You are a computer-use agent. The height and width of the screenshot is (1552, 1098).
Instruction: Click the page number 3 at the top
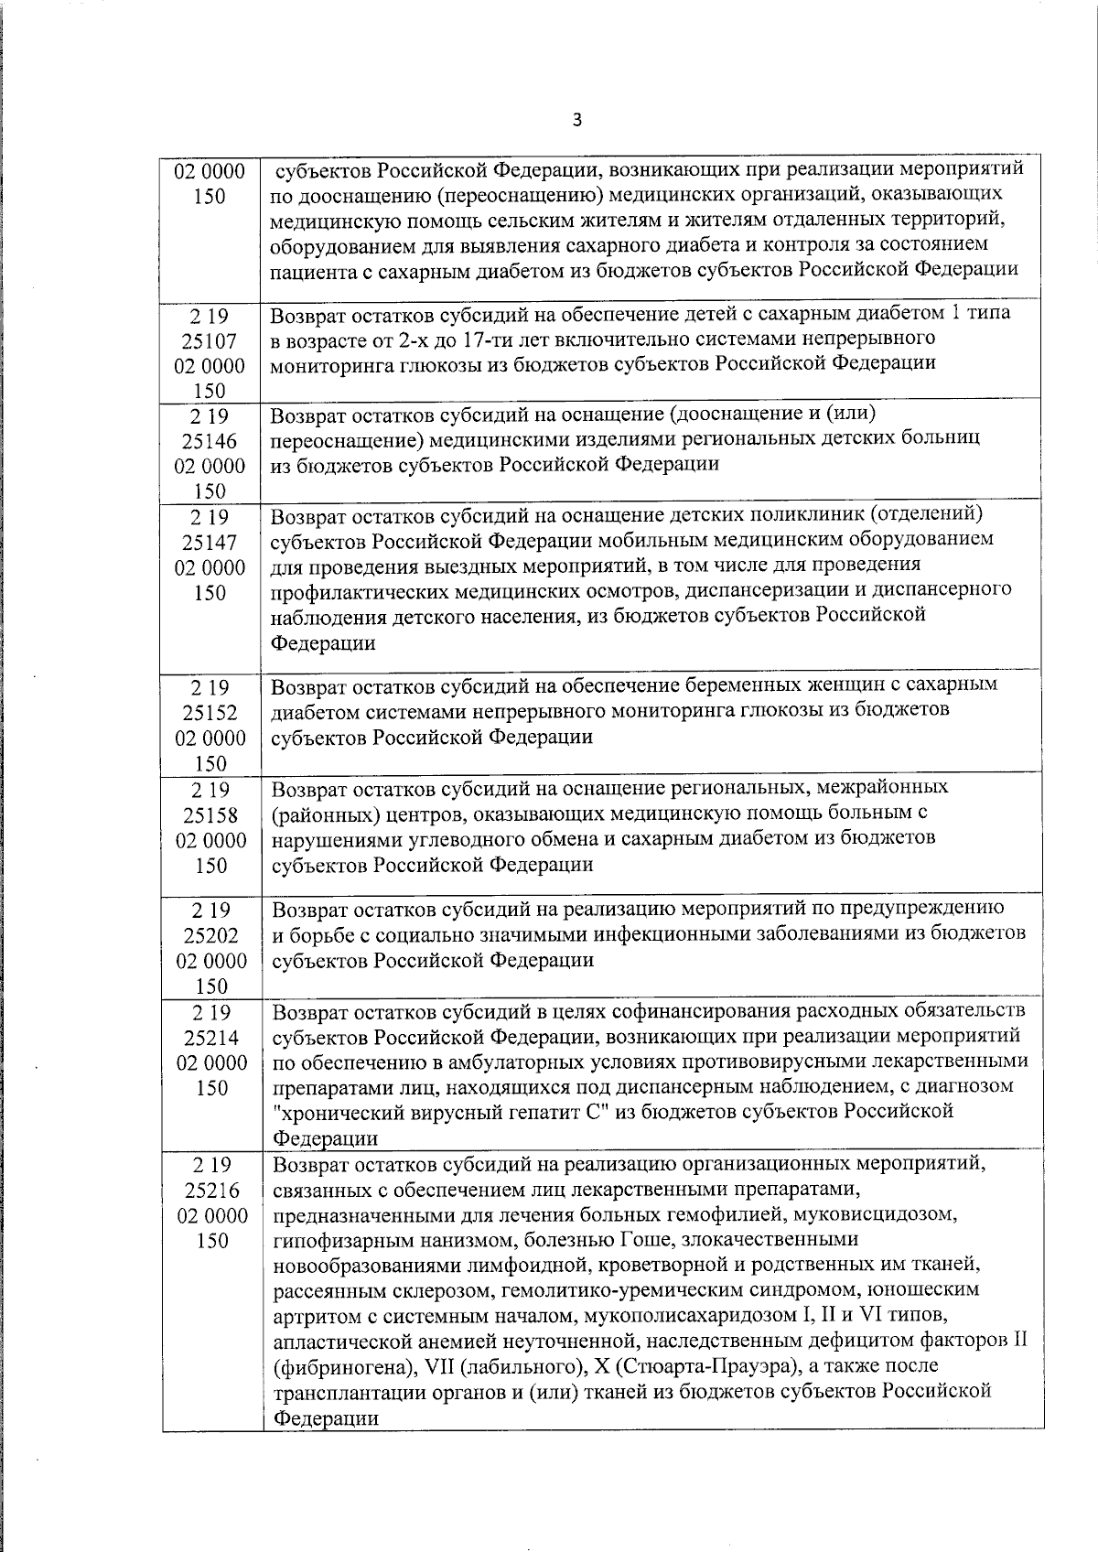point(576,120)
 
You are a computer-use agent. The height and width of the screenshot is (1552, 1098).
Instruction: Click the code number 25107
point(211,341)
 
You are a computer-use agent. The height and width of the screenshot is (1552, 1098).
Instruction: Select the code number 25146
point(211,441)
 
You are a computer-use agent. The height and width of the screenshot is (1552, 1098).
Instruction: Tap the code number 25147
point(211,543)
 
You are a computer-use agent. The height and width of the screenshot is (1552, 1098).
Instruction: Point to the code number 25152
point(211,712)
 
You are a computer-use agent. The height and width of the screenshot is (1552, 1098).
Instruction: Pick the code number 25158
point(211,814)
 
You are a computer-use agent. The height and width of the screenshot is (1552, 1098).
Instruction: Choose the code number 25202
point(211,935)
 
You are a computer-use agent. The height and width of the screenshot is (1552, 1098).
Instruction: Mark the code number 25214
point(211,1038)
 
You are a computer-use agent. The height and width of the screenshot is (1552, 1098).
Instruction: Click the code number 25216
point(211,1191)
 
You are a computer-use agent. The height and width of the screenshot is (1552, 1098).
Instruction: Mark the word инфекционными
point(690,934)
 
